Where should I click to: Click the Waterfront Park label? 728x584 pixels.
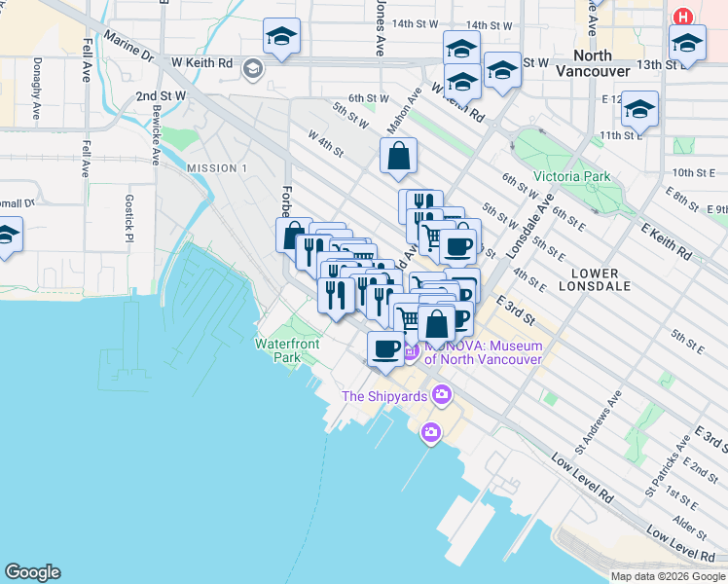click(x=287, y=350)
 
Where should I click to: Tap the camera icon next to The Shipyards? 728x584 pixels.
click(x=443, y=394)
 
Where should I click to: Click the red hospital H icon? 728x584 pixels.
click(x=684, y=17)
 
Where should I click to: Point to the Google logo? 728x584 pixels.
click(x=32, y=572)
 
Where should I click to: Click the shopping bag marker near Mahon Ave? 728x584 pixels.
click(x=398, y=156)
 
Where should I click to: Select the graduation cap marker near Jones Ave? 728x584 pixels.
click(x=281, y=37)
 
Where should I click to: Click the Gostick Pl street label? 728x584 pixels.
click(x=127, y=209)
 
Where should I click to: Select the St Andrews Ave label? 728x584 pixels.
click(x=601, y=420)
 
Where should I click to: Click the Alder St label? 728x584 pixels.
click(x=689, y=524)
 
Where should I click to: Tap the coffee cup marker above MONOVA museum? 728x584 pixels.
click(x=386, y=348)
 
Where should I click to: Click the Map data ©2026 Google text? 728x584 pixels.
click(x=667, y=576)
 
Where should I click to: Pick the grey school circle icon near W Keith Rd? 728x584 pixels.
click(x=253, y=67)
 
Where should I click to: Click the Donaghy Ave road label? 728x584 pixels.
click(x=37, y=89)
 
